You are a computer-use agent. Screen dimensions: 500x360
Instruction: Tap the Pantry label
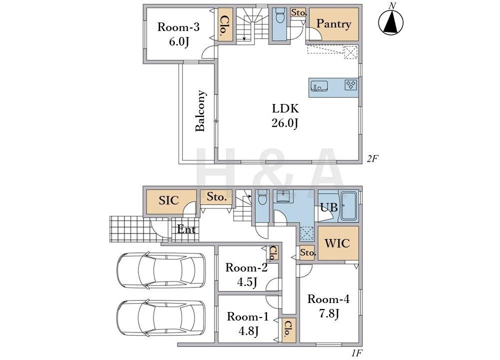click(x=333, y=24)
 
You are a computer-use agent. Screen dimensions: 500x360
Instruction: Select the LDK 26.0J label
click(x=285, y=115)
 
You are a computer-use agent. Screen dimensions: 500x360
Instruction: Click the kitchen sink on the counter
click(x=319, y=86)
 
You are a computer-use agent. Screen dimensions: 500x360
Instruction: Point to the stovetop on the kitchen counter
click(x=351, y=85)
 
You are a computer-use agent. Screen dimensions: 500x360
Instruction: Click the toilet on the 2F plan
click(x=279, y=15)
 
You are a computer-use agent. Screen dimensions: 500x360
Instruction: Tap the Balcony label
click(x=200, y=110)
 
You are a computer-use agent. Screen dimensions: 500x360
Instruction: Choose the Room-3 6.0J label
click(x=178, y=34)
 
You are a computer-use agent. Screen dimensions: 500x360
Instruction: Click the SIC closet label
click(x=168, y=200)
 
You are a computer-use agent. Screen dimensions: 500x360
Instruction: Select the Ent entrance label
click(x=186, y=229)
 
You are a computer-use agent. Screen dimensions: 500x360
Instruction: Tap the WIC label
click(x=337, y=243)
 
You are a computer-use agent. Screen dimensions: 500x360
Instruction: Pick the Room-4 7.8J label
click(x=328, y=306)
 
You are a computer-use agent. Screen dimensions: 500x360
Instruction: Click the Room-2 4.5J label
click(x=246, y=274)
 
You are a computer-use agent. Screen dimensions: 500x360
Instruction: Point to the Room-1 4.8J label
click(x=248, y=323)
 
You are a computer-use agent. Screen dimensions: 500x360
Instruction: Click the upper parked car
click(x=160, y=270)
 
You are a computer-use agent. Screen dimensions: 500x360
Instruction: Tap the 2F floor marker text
click(x=372, y=158)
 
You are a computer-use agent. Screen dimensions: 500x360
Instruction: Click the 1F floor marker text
click(x=357, y=353)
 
